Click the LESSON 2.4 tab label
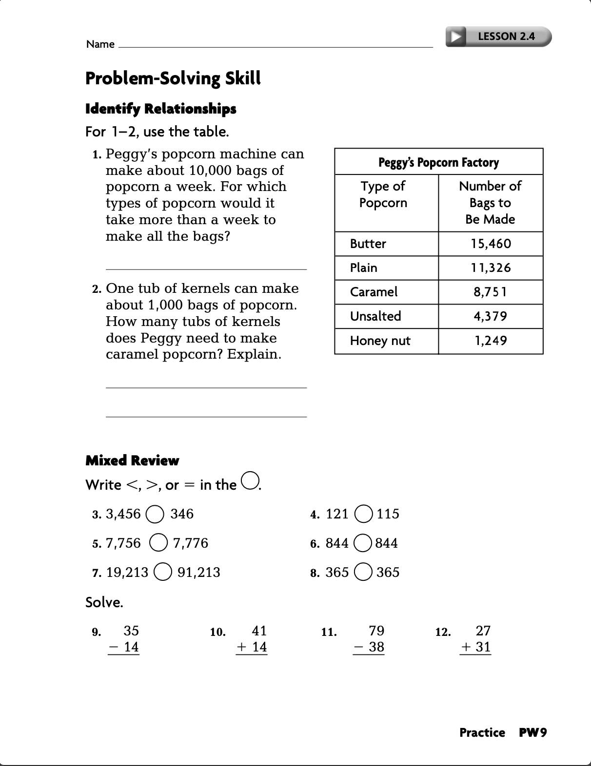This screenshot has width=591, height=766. point(506,36)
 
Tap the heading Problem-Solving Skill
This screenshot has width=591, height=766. point(173,78)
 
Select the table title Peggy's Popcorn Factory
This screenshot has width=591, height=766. point(438,162)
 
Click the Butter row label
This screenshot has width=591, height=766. point(368,244)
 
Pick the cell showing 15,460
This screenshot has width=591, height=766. point(491,244)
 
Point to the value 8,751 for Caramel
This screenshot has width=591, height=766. point(490,292)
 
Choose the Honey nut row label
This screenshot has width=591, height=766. point(380,341)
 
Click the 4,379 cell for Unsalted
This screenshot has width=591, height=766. point(490,316)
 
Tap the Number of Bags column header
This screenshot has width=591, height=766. point(490,202)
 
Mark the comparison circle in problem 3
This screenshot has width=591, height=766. point(155,515)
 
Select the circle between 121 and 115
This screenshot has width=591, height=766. point(364,514)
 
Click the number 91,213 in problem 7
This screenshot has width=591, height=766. point(198,572)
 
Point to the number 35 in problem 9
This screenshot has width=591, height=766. point(131,631)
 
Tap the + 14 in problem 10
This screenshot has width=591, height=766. point(252,647)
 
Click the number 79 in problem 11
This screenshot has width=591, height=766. point(376,631)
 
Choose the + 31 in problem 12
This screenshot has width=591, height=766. point(476,647)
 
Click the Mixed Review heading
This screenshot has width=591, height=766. point(132,460)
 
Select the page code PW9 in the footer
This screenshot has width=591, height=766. point(533,732)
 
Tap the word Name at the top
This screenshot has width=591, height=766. point(100,44)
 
